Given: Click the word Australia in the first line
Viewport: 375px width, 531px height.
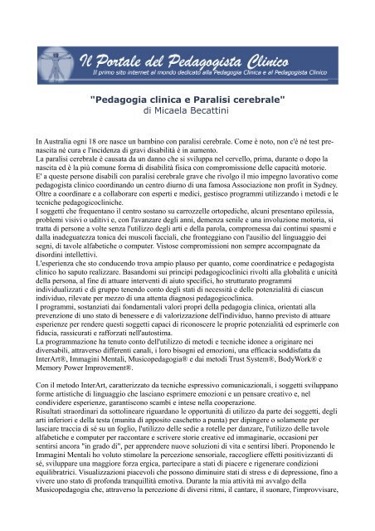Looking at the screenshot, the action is (51, 143).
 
